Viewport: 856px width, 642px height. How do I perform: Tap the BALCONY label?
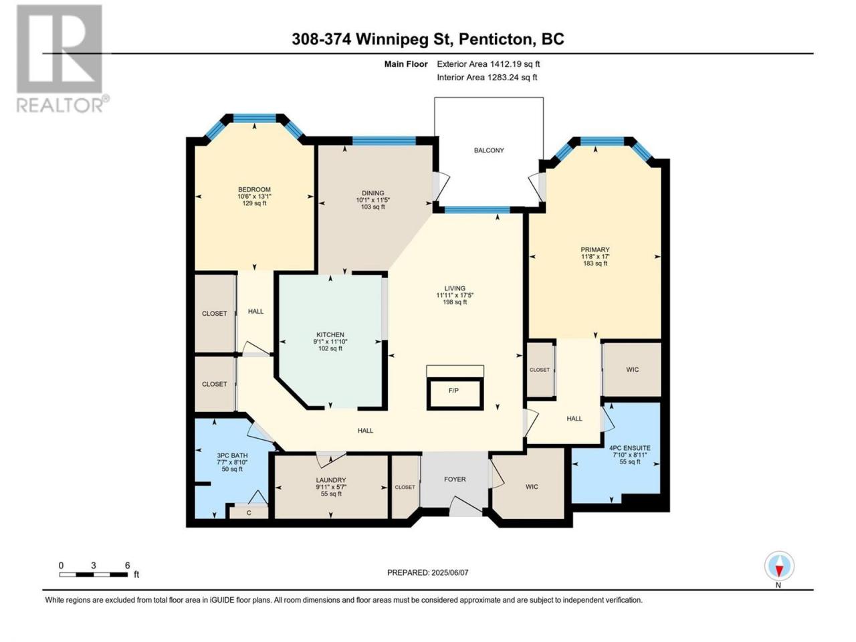coord(489,150)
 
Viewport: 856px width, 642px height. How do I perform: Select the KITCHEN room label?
coord(330,335)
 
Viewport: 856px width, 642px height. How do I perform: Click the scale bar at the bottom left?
coord(94,574)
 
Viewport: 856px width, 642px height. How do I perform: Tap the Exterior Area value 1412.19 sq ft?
coord(515,64)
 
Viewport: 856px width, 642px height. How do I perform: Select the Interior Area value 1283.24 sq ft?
coord(512,77)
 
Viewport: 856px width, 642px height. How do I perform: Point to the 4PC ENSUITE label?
coord(629,448)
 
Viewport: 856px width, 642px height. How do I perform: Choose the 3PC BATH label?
coord(232,455)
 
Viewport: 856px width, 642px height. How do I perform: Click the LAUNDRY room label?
coord(331,480)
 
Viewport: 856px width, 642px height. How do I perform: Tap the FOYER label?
coord(455,479)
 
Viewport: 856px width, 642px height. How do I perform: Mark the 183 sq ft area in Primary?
coord(595,263)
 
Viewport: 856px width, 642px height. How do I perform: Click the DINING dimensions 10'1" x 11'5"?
coord(372,200)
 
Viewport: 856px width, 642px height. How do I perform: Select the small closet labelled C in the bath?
coord(249,513)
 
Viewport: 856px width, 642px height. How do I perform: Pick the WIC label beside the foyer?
coord(532,487)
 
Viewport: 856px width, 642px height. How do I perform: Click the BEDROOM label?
coord(254,190)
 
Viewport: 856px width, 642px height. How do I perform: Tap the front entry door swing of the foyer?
coord(465,506)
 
